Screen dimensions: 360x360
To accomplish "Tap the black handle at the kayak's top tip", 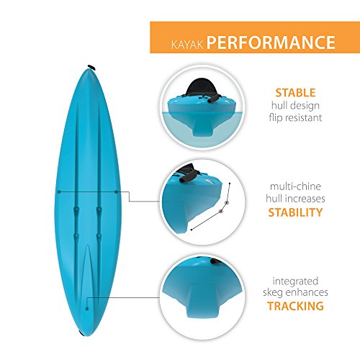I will (x=91, y=67).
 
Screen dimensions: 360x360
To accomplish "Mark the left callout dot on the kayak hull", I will (x=58, y=192).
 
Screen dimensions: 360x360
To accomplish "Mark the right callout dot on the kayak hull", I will (x=116, y=192).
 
